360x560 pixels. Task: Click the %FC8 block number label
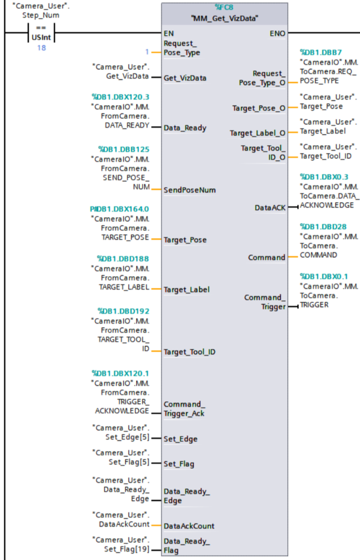tap(225, 8)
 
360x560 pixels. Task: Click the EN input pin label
tap(169, 32)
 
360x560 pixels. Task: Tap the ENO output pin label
tap(278, 32)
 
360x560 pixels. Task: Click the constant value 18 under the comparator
tap(41, 48)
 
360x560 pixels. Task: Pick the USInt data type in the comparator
tap(41, 38)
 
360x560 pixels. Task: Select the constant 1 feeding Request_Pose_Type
tap(148, 52)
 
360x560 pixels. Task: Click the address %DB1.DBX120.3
tap(120, 97)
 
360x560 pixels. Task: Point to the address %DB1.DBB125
tap(123, 149)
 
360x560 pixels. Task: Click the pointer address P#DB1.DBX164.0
tap(119, 209)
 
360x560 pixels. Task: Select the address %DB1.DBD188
tap(123, 258)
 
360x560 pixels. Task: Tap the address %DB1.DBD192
tap(123, 311)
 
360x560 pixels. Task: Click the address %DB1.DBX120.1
tap(120, 374)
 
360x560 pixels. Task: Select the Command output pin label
tap(267, 257)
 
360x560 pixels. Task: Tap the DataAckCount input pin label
tap(189, 525)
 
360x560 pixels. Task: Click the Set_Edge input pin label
tap(181, 438)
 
